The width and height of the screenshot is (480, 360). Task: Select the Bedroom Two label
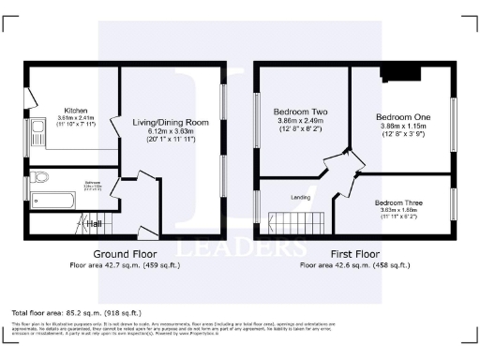click(299, 110)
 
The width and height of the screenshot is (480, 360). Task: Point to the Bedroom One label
click(398, 109)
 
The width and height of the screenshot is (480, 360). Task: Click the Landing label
click(301, 196)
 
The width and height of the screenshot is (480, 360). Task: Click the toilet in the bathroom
click(38, 177)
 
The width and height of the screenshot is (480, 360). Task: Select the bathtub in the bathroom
click(52, 199)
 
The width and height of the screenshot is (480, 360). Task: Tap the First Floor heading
click(354, 254)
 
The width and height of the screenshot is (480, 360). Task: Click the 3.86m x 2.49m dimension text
click(299, 119)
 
